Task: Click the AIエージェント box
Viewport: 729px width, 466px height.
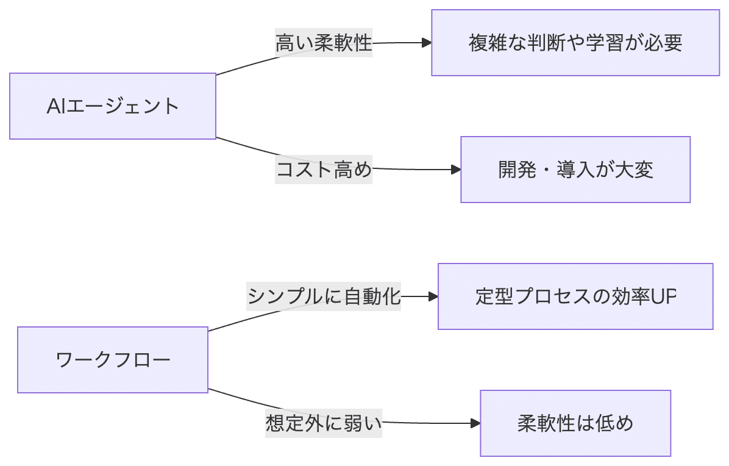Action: click(113, 106)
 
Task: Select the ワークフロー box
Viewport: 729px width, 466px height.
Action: click(113, 360)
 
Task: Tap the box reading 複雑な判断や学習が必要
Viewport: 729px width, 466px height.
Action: click(575, 43)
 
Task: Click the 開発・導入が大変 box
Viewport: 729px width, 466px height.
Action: click(575, 170)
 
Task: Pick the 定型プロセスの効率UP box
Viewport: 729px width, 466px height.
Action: click(575, 296)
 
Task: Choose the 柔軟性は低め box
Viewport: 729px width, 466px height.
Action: click(575, 423)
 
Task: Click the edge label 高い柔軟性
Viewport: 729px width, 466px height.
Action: click(324, 44)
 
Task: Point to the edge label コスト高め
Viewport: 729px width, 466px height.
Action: click(324, 170)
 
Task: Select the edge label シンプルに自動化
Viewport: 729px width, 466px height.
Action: click(324, 296)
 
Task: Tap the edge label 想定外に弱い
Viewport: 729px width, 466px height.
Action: click(324, 423)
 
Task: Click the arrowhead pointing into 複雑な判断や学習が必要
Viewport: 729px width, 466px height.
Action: click(426, 43)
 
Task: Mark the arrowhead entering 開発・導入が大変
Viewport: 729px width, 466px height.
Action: click(455, 170)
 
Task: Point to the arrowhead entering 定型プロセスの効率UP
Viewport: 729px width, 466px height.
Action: click(433, 296)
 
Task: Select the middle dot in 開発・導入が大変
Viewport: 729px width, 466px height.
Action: click(543, 170)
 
